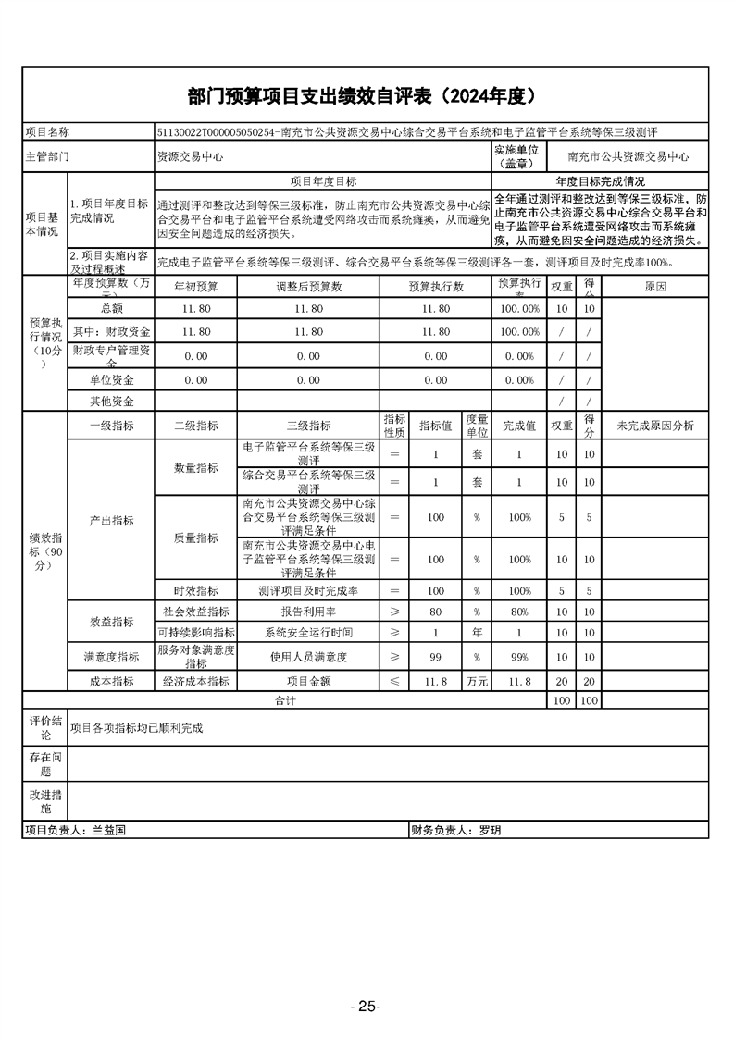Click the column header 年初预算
click(196, 286)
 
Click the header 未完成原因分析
click(654, 426)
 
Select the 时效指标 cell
click(196, 590)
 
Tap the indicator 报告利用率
click(308, 612)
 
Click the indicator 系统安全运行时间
click(308, 633)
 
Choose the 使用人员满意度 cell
click(308, 657)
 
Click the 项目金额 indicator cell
click(308, 681)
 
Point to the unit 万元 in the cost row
click(477, 681)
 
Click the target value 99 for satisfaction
click(435, 657)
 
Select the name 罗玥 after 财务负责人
click(491, 830)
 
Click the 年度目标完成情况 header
click(600, 181)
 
